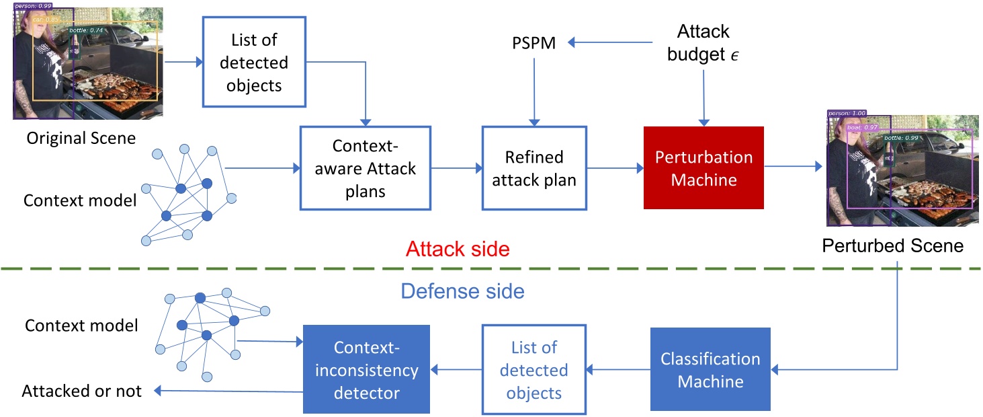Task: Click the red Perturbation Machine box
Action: (703, 168)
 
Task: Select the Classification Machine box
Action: (710, 369)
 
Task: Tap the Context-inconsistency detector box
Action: (366, 369)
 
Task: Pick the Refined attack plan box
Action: (534, 168)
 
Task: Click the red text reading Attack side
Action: (458, 250)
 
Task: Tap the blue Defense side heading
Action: (462, 291)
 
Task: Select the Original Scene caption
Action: (81, 139)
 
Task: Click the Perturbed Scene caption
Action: (892, 245)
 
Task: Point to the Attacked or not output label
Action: (82, 391)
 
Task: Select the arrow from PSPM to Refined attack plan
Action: (534, 91)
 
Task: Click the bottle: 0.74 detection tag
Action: (86, 31)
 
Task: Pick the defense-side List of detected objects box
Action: (533, 369)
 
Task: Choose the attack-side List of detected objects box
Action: (254, 62)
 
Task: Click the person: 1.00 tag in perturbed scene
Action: (847, 114)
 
